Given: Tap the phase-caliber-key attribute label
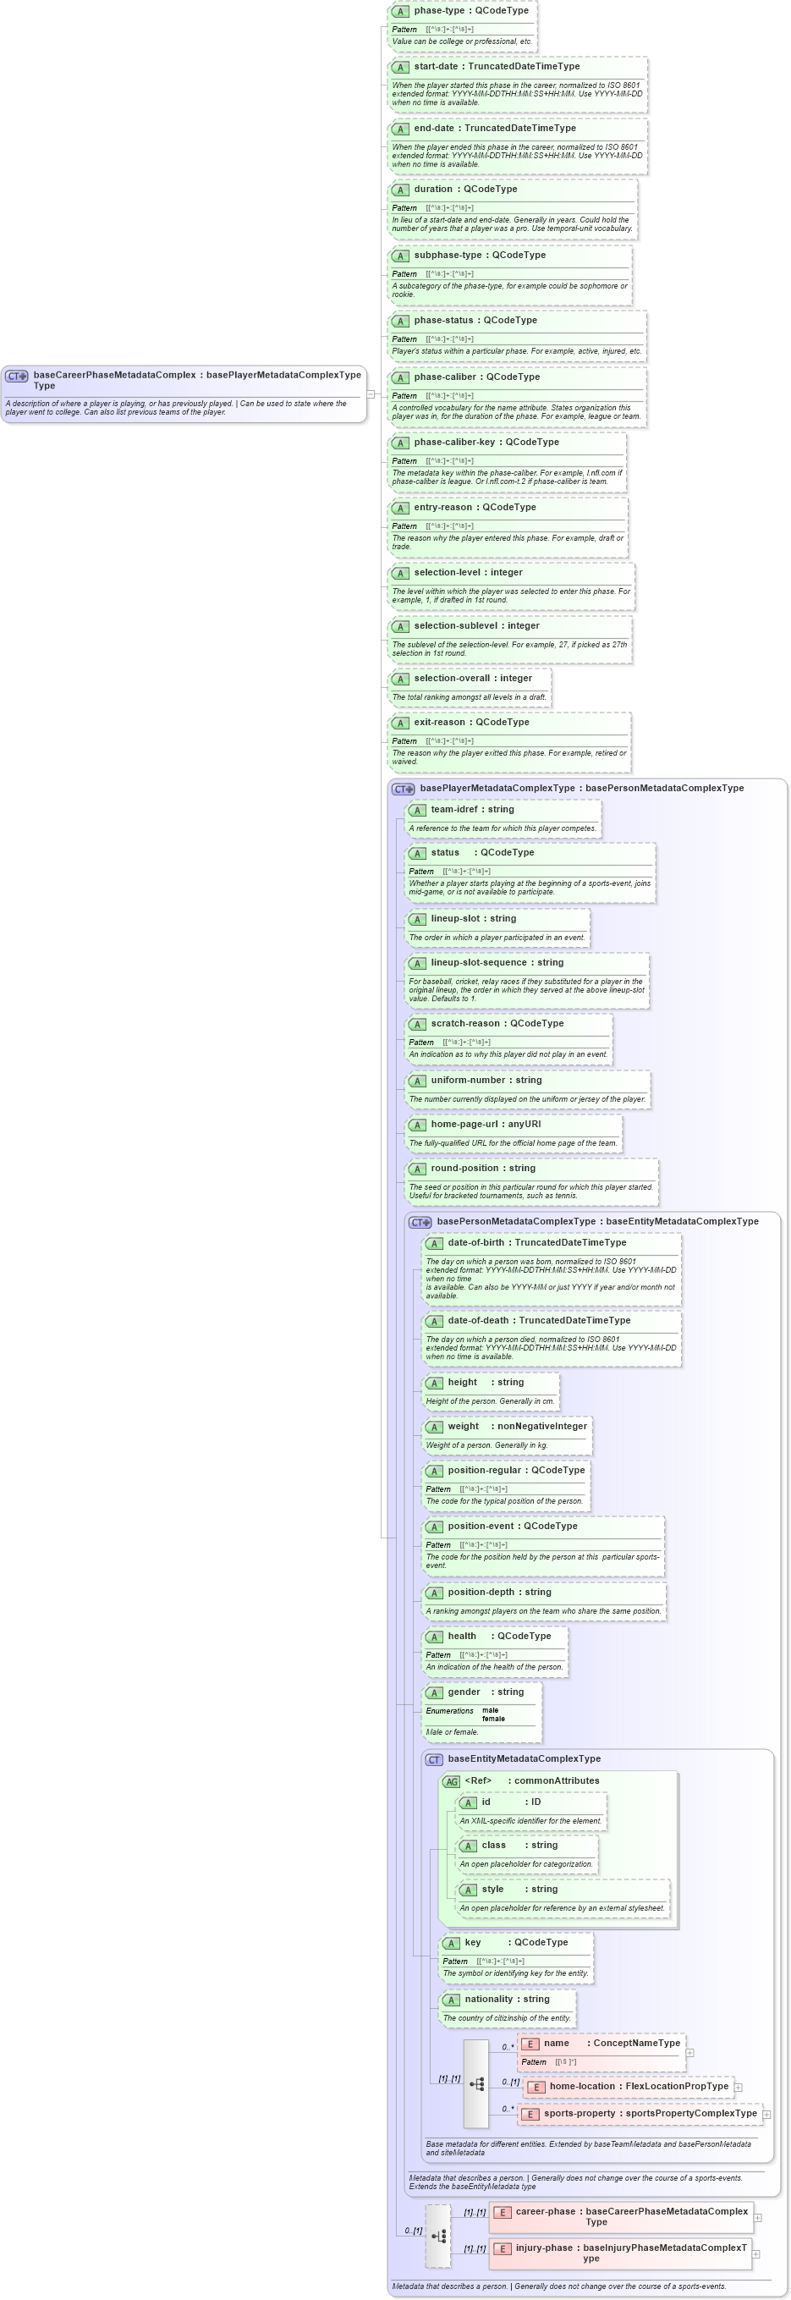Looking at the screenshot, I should pos(453,442).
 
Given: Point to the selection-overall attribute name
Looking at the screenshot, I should pos(451,679).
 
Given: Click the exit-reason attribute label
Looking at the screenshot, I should pos(438,723).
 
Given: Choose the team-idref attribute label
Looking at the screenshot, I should pos(454,810).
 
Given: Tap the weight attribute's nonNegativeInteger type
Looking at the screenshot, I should pos(542,1426).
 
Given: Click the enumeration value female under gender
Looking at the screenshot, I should pos(493,1719).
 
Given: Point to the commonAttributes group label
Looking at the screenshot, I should pos(556,1780).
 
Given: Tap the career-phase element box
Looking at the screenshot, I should pos(621,2217).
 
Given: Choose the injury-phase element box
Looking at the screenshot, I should pos(621,2253).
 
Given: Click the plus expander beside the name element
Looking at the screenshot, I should pos(689,2053).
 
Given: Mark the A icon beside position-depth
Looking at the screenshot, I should pos(435,1593).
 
